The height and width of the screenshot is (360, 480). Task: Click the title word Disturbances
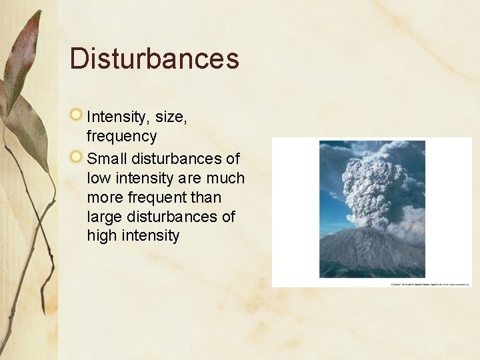154,58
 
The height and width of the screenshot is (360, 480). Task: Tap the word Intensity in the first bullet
117,117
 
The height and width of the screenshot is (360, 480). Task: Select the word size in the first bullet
171,117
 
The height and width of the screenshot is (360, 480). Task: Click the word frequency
121,137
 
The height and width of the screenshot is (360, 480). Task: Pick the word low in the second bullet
98,179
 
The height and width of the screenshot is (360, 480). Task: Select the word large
105,217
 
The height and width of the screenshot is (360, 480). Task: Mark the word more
105,198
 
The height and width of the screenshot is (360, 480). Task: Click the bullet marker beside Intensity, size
77,115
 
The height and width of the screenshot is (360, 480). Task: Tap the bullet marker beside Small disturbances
77,157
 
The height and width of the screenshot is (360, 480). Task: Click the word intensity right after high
151,236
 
